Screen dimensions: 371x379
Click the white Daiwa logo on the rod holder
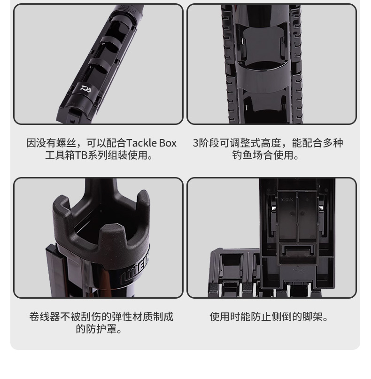(x=86, y=89)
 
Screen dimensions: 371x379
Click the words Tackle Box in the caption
(x=152, y=143)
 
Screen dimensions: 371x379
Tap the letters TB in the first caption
(x=81, y=155)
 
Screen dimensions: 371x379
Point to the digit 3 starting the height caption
(x=196, y=143)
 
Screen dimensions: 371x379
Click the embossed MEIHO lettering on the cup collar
(x=137, y=266)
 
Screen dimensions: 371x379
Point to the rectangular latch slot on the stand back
(x=297, y=250)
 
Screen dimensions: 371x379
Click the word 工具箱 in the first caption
(x=60, y=155)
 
